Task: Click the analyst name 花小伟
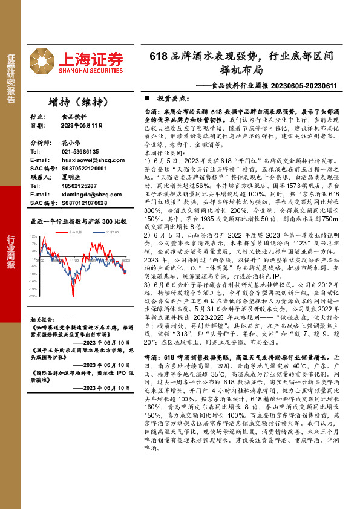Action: pos(71,143)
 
